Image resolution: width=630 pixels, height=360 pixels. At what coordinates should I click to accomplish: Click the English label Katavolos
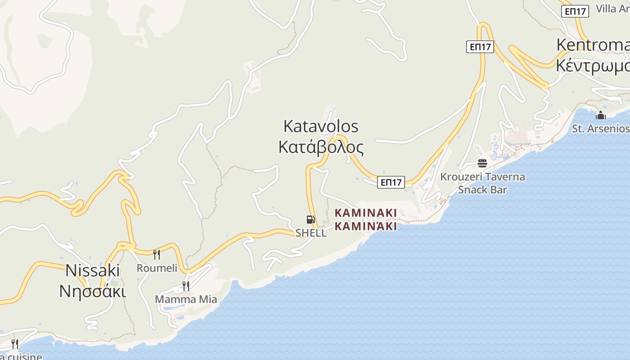(320, 126)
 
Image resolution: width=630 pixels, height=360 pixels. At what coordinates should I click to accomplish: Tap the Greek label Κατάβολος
(320, 147)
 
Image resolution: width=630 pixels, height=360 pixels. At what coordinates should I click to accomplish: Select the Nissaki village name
(93, 270)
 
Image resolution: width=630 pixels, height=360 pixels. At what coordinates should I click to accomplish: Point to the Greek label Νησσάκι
(93, 291)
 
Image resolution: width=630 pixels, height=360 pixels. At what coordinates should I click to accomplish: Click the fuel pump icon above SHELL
(310, 220)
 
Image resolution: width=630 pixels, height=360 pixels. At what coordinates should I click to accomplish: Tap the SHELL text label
(311, 233)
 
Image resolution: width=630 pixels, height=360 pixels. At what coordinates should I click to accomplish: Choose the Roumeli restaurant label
(157, 268)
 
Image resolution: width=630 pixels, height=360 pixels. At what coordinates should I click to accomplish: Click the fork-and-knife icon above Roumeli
(157, 255)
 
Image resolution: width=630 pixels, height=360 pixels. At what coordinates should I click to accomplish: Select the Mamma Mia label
(186, 299)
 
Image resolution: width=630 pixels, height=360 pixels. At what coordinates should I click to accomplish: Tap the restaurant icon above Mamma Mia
(185, 286)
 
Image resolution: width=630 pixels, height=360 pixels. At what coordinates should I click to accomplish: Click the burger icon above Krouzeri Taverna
(482, 163)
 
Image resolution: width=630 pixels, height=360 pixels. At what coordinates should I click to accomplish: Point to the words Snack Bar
(482, 189)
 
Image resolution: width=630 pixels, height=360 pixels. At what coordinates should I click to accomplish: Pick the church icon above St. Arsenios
(600, 116)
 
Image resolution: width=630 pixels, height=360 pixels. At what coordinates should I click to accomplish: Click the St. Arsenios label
(600, 129)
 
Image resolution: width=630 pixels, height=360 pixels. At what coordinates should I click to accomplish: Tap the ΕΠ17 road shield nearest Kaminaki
(391, 182)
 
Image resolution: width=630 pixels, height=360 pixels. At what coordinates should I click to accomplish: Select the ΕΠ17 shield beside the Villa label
(575, 11)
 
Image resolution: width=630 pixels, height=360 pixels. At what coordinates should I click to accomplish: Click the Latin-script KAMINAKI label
(366, 212)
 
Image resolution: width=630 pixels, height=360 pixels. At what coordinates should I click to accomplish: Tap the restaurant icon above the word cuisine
(15, 344)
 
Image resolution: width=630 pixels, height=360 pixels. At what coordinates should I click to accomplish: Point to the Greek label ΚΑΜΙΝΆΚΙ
(366, 226)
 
